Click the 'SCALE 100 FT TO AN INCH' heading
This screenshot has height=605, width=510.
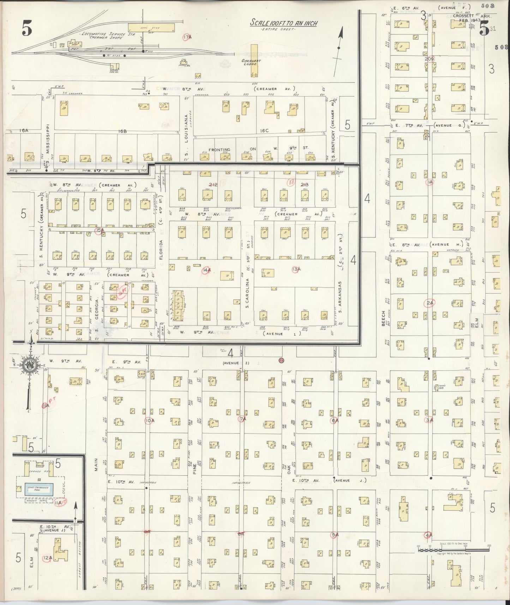click(x=284, y=23)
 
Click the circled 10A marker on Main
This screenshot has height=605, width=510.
click(x=150, y=420)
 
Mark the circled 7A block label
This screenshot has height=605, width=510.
click(x=242, y=419)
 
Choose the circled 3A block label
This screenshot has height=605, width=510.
click(x=429, y=420)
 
